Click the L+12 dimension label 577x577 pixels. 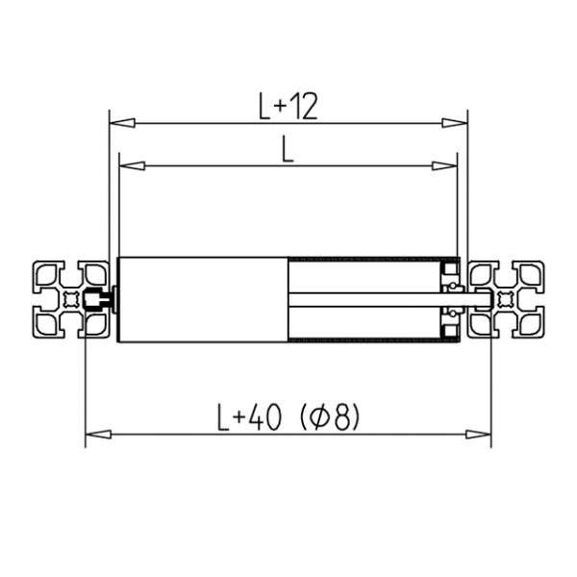(x=288, y=105)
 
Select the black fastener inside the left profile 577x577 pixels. (x=96, y=299)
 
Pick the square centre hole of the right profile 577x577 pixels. (x=506, y=299)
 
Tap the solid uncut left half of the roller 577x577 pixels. (x=202, y=299)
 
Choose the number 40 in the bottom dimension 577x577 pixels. (x=265, y=417)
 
